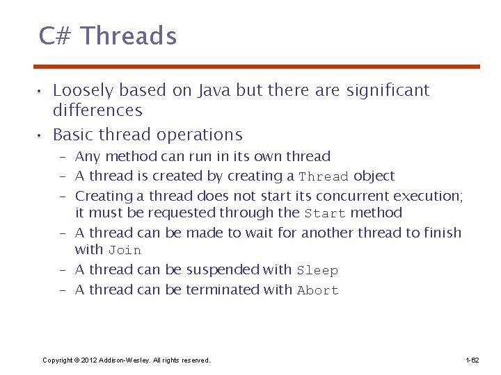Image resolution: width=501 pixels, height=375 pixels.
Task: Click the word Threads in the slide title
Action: coord(129,35)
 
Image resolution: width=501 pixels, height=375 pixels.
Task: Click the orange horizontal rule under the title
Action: coord(257,67)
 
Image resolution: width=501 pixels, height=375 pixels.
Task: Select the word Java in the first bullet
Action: coord(215,90)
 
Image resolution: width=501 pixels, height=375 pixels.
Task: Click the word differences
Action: coord(97,110)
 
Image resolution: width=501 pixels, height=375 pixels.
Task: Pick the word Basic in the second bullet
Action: coord(74,135)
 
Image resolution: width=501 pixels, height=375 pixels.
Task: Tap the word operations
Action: coord(200,135)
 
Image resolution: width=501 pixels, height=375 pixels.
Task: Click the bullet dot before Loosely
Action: coord(42,91)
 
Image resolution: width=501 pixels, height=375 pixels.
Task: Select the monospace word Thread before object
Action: coord(324,177)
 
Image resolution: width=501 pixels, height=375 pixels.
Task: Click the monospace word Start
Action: coord(325,214)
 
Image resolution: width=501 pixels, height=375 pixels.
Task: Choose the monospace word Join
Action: coord(125,251)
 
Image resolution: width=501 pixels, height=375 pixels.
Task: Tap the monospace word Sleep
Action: coord(317,271)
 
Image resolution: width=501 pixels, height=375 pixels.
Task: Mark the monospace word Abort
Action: coord(317,291)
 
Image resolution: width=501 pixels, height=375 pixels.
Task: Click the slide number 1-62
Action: coord(472,360)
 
